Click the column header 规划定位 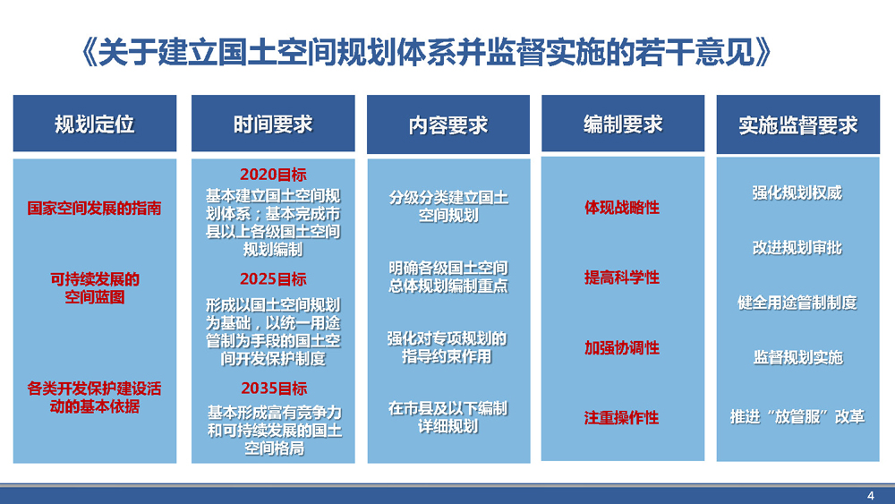pos(95,124)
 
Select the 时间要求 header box pos(273,124)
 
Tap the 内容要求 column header pos(448,124)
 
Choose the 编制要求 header pos(623,124)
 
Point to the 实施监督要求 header pos(798,124)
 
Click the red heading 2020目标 pos(273,174)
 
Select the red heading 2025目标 pos(273,279)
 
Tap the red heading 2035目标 pos(274,389)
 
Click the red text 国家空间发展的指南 pos(94,208)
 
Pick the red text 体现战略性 pos(622,207)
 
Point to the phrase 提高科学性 pos(622,278)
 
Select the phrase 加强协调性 pos(622,347)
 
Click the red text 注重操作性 pos(622,418)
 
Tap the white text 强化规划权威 pos(797,193)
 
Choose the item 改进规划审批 pos(797,248)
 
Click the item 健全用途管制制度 pos(797,303)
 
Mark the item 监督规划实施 pos(798,357)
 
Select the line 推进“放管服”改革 pos(797,416)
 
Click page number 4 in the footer pos(871,495)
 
